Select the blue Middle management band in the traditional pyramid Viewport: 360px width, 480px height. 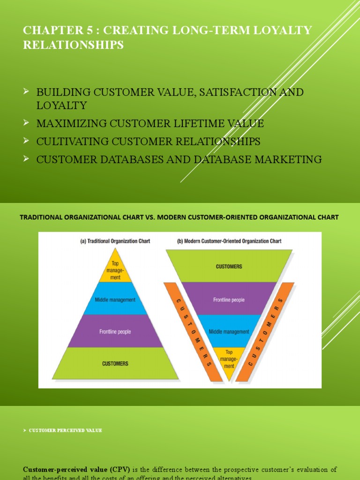tap(115, 300)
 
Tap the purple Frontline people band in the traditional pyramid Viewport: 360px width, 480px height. tap(115, 331)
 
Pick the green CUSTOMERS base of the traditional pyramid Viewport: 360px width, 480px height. tap(115, 363)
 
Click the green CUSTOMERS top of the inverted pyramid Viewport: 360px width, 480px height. tap(229, 266)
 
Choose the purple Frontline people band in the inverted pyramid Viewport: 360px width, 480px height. tap(229, 300)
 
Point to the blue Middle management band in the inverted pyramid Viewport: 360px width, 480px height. tap(229, 331)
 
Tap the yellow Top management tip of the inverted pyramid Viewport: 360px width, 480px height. tap(229, 359)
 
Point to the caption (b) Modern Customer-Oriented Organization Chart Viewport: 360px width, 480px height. tap(229, 241)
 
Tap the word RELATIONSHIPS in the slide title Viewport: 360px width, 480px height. tap(74, 45)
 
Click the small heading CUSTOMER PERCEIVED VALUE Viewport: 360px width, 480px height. tap(65, 430)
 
